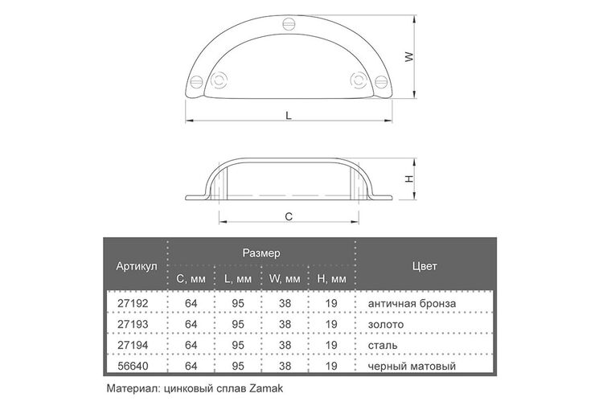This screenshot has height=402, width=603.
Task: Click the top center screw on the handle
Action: [x=289, y=24]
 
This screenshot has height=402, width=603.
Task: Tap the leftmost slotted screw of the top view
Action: [x=196, y=81]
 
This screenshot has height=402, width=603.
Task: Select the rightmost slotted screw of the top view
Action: [x=381, y=81]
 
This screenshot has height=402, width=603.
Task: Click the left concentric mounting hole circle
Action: [x=219, y=80]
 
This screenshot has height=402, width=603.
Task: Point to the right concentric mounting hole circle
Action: [x=359, y=80]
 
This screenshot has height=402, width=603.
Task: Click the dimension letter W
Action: [x=410, y=57]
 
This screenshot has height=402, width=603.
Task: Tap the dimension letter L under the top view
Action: [x=289, y=115]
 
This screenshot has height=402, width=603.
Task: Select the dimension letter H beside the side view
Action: [x=410, y=178]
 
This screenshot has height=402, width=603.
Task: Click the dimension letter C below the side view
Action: [x=289, y=216]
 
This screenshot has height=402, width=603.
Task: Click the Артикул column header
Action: [x=137, y=266]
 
